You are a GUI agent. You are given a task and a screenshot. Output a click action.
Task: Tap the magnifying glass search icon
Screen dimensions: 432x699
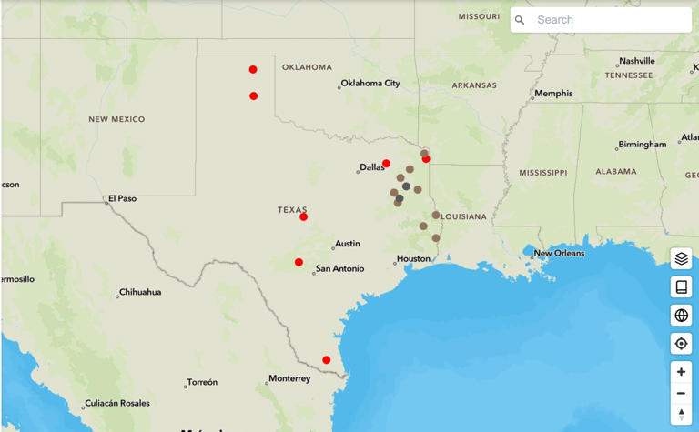click(x=520, y=20)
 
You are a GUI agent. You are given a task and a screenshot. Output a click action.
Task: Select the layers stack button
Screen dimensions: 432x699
click(x=681, y=258)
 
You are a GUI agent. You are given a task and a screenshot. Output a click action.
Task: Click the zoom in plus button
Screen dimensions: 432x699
click(x=681, y=372)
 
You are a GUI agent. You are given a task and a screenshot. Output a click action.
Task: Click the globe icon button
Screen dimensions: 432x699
click(x=681, y=315)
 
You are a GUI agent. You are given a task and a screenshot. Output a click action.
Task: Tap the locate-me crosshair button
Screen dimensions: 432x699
click(x=681, y=344)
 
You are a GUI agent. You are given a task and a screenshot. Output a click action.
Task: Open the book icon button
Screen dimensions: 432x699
click(x=681, y=286)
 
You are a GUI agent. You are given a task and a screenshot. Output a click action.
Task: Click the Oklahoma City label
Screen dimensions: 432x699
click(x=370, y=84)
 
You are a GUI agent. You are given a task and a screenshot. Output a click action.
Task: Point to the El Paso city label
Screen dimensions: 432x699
click(x=122, y=198)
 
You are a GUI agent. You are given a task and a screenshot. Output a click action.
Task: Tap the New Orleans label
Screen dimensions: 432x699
click(x=559, y=253)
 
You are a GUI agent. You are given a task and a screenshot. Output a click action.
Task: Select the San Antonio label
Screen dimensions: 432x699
click(x=339, y=269)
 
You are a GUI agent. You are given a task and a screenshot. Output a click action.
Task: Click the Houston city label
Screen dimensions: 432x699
click(x=413, y=259)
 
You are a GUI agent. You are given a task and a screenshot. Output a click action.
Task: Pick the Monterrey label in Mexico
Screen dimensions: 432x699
click(x=289, y=378)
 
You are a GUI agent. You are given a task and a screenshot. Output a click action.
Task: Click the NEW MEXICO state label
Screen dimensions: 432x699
click(x=116, y=119)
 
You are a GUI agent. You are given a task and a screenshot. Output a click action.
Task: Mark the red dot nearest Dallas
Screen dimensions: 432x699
click(x=386, y=164)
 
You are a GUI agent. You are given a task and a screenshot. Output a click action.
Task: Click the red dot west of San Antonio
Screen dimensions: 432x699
click(x=299, y=263)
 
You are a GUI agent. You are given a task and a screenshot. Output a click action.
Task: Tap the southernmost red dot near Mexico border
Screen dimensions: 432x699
click(x=327, y=360)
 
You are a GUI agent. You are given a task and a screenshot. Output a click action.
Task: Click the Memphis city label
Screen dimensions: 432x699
click(x=553, y=94)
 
